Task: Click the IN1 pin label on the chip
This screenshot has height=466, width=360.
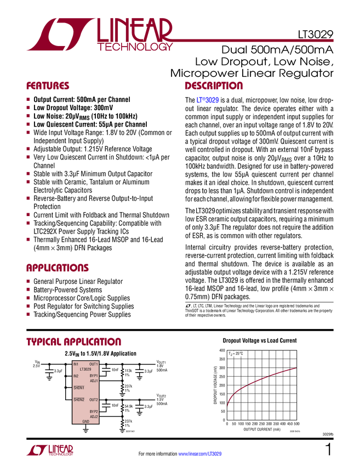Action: pyautogui.click(x=76, y=364)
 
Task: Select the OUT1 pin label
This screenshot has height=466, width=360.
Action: pyautogui.click(x=94, y=364)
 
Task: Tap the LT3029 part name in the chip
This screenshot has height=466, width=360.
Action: pyautogui.click(x=85, y=370)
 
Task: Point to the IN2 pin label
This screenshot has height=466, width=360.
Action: pyautogui.click(x=76, y=376)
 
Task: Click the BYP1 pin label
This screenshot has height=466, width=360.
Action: pyautogui.click(x=94, y=376)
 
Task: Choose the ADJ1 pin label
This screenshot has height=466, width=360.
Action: pyautogui.click(x=94, y=380)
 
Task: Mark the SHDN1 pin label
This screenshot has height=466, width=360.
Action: pyautogui.click(x=79, y=388)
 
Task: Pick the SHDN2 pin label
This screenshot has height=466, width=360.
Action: pyautogui.click(x=79, y=400)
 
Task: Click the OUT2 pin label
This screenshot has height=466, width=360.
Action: pyautogui.click(x=94, y=400)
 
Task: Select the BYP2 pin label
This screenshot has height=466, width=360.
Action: pyautogui.click(x=94, y=411)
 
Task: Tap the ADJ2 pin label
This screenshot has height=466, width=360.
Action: pyautogui.click(x=94, y=417)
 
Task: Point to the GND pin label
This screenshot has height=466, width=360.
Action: pyautogui.click(x=85, y=422)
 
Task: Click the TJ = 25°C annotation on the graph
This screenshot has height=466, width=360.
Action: pyautogui.click(x=237, y=354)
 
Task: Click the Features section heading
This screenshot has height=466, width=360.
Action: pyautogui.click(x=48, y=86)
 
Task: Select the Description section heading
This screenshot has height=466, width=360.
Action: pyautogui.click(x=214, y=86)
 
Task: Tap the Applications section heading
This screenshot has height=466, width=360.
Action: pyautogui.click(x=57, y=268)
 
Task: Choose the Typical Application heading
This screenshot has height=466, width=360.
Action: pyautogui.click(x=73, y=342)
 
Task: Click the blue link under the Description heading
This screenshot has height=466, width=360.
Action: pyautogui.click(x=208, y=100)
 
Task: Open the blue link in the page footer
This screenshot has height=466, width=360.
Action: pyautogui.click(x=201, y=453)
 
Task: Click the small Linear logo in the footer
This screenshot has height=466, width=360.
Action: pyautogui.click(x=49, y=450)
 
